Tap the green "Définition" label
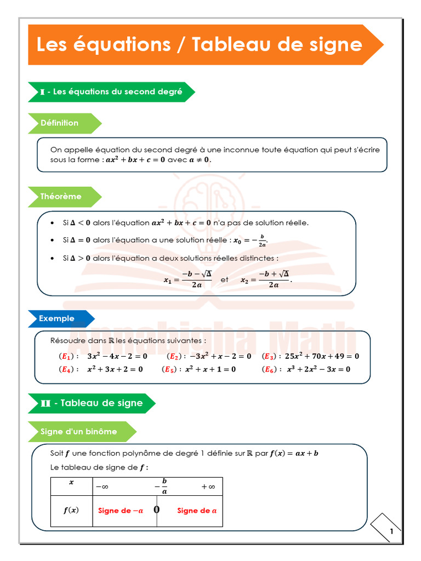pyautogui.click(x=60, y=123)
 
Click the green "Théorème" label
pyautogui.click(x=61, y=196)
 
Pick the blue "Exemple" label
pyautogui.click(x=57, y=318)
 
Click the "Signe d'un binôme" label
pyautogui.click(x=79, y=432)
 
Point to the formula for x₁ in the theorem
pyautogui.click(x=188, y=279)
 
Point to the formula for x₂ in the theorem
pyautogui.click(x=266, y=279)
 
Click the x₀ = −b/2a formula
pyautogui.click(x=251, y=240)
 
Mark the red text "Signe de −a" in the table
pyautogui.click(x=121, y=511)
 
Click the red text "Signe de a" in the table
pyautogui.click(x=197, y=511)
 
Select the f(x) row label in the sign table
pyautogui.click(x=71, y=510)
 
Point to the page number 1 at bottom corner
pyautogui.click(x=391, y=531)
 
